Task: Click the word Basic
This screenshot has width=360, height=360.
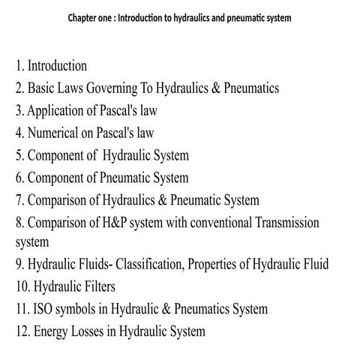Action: pos(42,88)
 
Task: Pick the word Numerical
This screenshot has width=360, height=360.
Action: pos(55,133)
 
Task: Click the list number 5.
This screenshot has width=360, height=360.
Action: pos(19,156)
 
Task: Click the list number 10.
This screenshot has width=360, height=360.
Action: pos(22,286)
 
